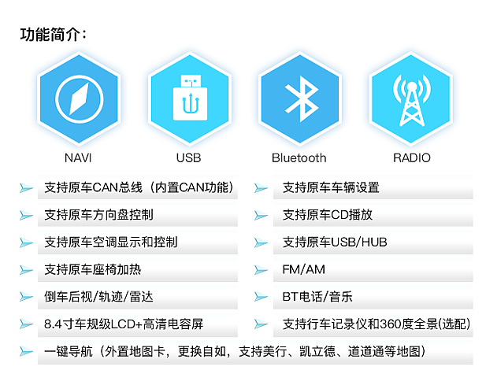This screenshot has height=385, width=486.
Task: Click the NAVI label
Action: pos(79,157)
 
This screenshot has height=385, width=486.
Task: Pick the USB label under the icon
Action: pos(189,157)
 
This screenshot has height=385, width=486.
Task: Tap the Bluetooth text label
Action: pos(299,157)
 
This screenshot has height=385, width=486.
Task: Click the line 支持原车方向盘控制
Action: pos(99,215)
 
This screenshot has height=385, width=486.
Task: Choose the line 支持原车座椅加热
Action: pos(93,270)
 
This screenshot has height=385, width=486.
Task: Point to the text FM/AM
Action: pos(303,270)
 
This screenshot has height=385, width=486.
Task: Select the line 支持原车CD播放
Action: pos(328,215)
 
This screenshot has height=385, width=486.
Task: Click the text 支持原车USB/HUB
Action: pos(335,242)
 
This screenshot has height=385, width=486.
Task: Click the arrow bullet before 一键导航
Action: pos(27,351)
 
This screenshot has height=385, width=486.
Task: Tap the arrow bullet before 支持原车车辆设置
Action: pos(262,188)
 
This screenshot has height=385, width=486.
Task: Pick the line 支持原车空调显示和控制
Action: pos(111,242)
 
